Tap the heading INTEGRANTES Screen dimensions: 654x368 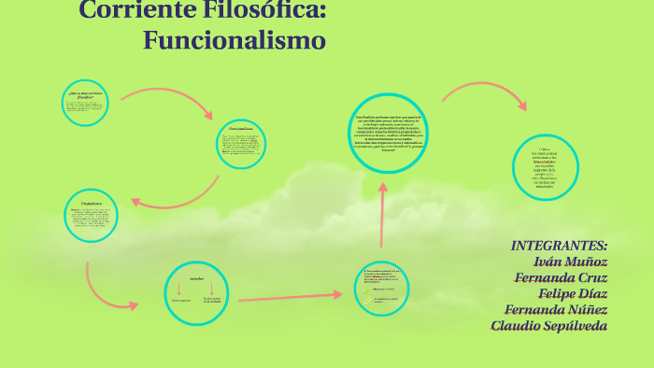tap(559, 245)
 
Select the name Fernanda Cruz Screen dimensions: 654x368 tap(561, 277)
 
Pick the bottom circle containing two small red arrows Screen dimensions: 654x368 tap(197, 292)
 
